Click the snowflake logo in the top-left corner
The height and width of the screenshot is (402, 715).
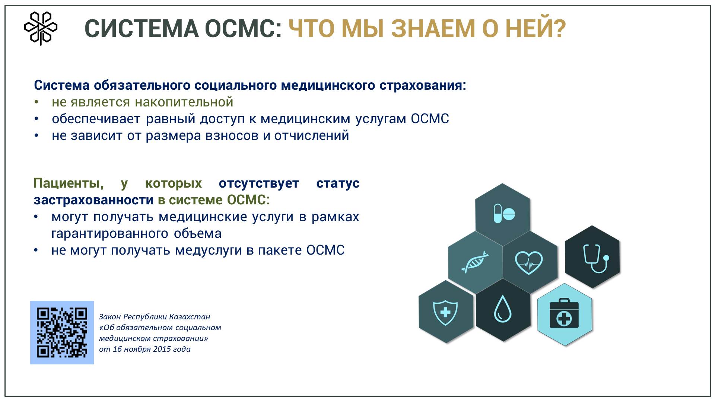tap(41, 28)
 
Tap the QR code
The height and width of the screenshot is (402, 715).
tap(62, 332)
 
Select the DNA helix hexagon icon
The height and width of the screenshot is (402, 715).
tap(475, 262)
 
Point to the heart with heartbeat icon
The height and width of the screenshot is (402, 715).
tap(529, 262)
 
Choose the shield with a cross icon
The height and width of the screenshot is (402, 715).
tap(446, 312)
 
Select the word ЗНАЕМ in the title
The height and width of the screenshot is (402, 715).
tap(433, 29)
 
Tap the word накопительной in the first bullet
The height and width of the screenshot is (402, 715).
tap(184, 102)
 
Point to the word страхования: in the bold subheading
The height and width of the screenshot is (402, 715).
tap(423, 86)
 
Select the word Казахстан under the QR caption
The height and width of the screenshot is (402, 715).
tap(190, 317)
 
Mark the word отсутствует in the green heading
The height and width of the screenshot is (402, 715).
tap(259, 184)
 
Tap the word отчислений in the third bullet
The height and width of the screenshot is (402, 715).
tap(312, 135)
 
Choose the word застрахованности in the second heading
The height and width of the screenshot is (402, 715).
tap(93, 200)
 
